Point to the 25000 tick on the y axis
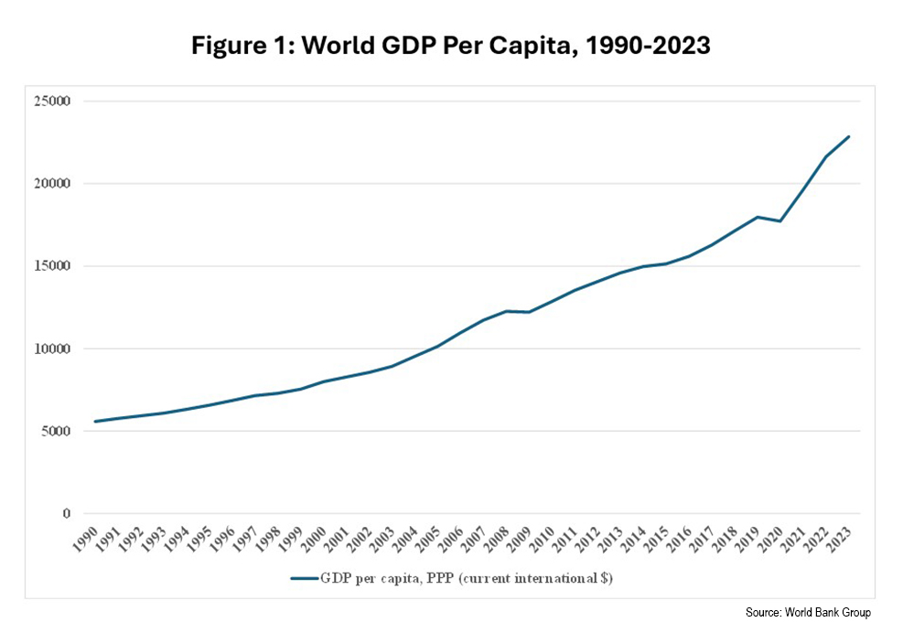tap(54, 102)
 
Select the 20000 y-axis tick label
tap(54, 184)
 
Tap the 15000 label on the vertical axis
tap(54, 266)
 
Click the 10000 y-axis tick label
tap(54, 349)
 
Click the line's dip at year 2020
tap(780, 221)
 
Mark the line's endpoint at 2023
tap(849, 136)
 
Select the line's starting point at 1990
tap(95, 422)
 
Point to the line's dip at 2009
tap(529, 312)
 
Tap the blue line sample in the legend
tap(304, 578)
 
